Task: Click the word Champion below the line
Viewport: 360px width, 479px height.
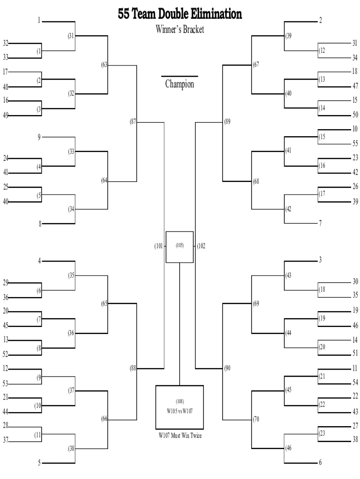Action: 180,84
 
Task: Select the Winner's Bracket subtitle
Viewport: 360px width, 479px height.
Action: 180,29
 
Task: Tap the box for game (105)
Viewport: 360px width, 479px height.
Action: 180,247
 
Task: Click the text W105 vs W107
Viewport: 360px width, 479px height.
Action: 180,411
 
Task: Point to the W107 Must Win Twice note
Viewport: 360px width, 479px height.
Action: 180,435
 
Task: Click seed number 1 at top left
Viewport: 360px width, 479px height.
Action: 39,21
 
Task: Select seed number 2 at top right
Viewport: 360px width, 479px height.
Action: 320,21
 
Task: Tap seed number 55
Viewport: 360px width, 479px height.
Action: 355,143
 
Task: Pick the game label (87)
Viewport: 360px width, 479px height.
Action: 133,122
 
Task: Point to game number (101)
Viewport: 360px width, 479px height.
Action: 159,246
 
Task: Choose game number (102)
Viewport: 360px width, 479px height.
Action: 201,246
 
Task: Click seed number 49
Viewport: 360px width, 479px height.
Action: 6,115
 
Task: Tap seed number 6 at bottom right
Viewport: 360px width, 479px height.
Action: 320,462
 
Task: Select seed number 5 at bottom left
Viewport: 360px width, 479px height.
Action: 39,463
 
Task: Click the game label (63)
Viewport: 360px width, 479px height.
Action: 104,65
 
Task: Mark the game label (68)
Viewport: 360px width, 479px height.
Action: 256,181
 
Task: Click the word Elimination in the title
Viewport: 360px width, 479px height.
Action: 216,14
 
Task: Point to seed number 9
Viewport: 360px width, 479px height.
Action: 39,137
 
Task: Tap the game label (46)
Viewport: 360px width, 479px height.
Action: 288,448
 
